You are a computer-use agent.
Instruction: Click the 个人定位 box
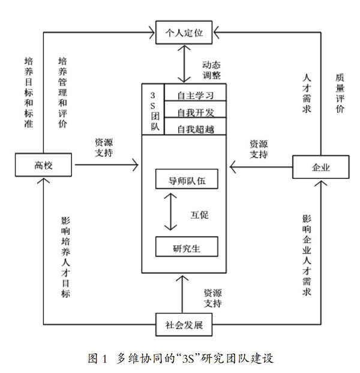point(184,32)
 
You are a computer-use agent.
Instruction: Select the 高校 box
point(43,165)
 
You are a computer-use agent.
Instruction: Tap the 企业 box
point(320,167)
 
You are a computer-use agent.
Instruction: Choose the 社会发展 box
point(184,324)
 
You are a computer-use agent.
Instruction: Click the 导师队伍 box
point(187,179)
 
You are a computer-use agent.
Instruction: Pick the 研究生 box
point(187,247)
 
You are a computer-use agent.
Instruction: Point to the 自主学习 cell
point(195,92)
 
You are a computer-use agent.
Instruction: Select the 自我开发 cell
point(195,109)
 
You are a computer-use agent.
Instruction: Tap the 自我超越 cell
point(195,126)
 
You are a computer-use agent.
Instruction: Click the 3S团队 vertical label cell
point(153,109)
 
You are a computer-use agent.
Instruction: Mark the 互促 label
point(199,215)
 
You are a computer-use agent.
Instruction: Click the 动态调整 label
point(211,70)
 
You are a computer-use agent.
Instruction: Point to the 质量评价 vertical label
point(340,93)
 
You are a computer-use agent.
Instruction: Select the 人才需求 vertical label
point(307,93)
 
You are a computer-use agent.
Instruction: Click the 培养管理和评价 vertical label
point(63,92)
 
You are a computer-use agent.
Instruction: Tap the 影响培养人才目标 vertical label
point(65,257)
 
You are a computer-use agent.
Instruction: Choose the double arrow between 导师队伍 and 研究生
point(170,211)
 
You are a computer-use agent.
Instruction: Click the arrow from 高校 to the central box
point(106,165)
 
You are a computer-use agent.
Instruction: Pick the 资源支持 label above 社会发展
point(212,299)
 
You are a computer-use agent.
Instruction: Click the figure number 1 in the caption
point(104,359)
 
